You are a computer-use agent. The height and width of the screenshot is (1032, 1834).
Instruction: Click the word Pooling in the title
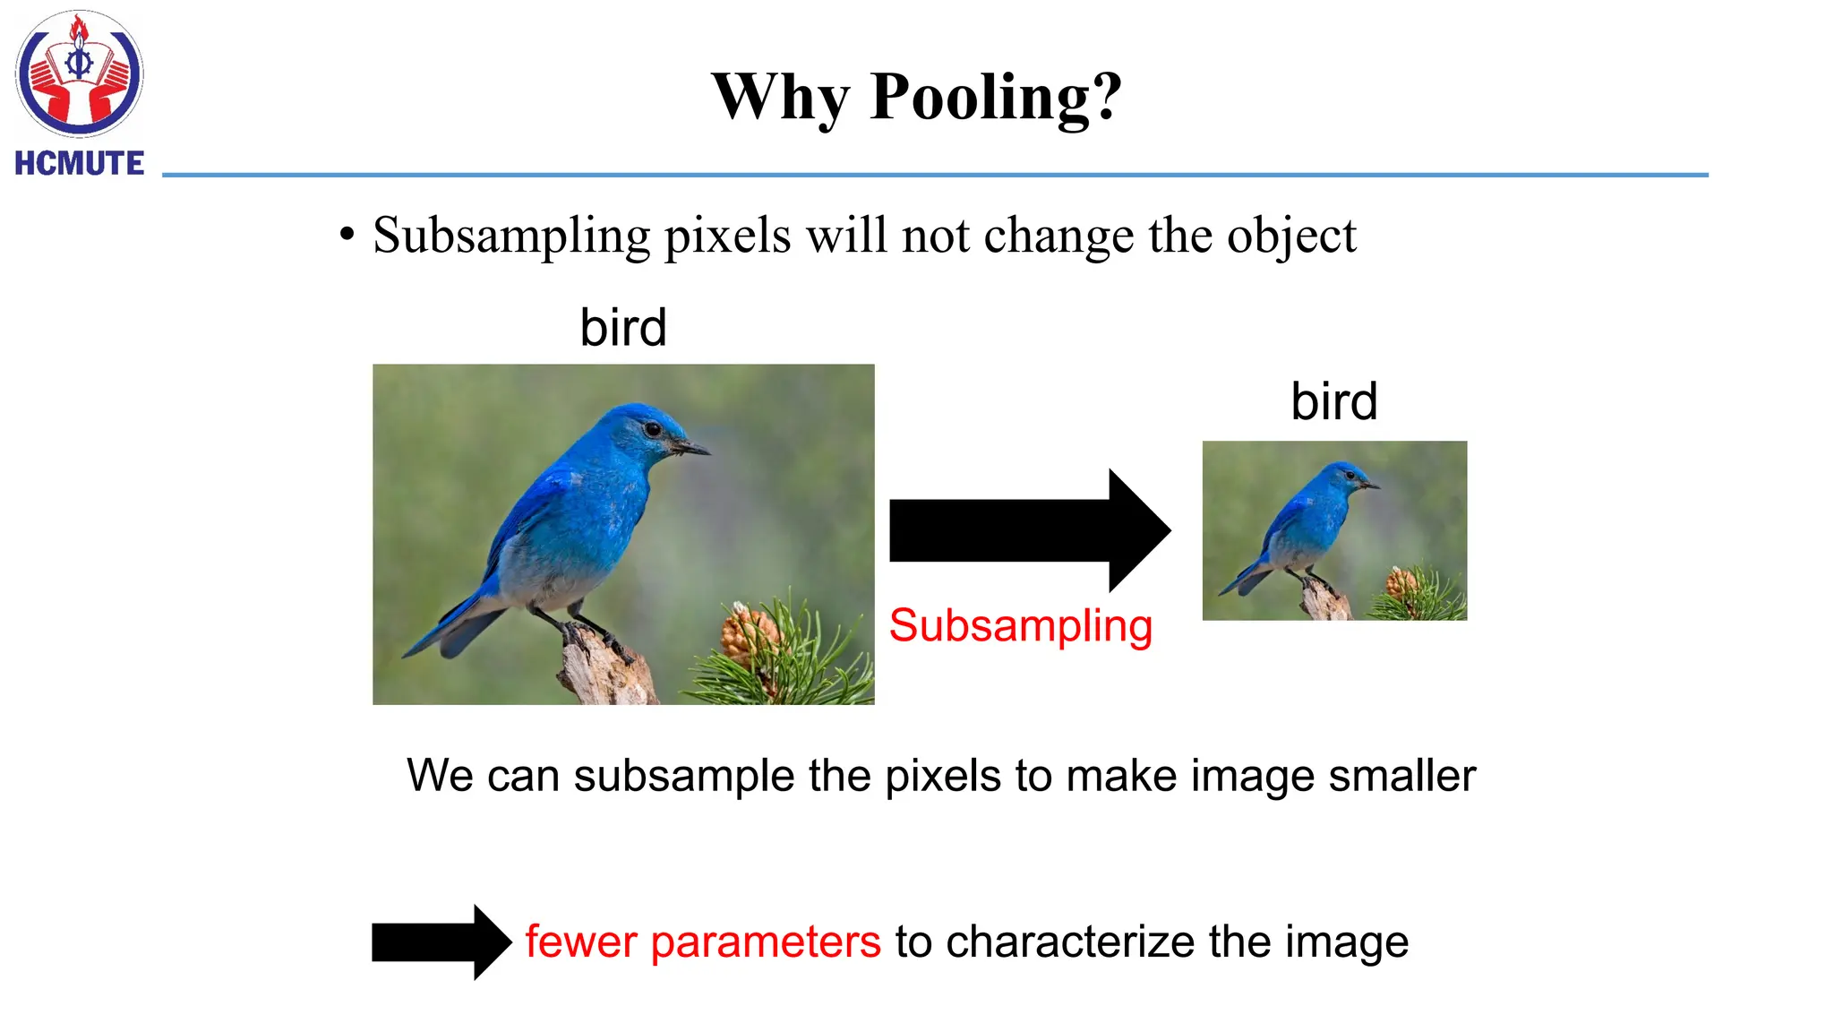pyautogui.click(x=996, y=97)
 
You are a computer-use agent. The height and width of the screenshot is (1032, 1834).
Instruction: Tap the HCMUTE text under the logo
pyautogui.click(x=80, y=164)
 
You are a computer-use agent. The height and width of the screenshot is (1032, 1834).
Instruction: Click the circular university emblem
pyautogui.click(x=80, y=74)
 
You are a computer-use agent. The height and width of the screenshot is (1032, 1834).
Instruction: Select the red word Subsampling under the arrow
pyautogui.click(x=1020, y=625)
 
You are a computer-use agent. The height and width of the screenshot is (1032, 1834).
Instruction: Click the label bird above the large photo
pyautogui.click(x=623, y=328)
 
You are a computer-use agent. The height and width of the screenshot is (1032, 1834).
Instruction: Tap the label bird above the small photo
pyautogui.click(x=1333, y=401)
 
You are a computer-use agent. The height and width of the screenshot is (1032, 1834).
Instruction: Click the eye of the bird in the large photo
pyautogui.click(x=653, y=429)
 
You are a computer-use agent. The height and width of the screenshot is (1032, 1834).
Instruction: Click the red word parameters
pyautogui.click(x=766, y=942)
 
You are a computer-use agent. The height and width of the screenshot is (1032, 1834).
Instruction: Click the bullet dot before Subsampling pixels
pyautogui.click(x=347, y=236)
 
